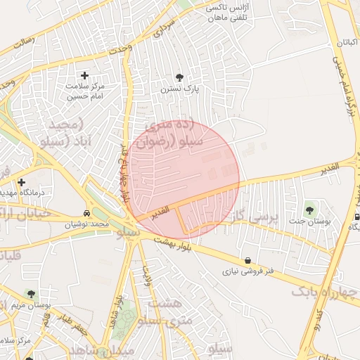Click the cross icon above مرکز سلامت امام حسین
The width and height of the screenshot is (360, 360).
pyautogui.click(x=85, y=75)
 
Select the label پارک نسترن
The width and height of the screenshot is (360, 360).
pyautogui.click(x=179, y=89)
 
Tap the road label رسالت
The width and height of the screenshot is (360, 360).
pyautogui.click(x=22, y=42)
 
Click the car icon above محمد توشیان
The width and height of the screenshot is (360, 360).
pyautogui.click(x=86, y=213)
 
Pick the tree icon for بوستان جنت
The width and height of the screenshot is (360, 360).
pyautogui.click(x=309, y=210)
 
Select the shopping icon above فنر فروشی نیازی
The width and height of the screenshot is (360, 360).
pyautogui.click(x=247, y=259)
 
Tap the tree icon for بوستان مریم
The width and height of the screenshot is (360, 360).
pyautogui.click(x=30, y=293)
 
